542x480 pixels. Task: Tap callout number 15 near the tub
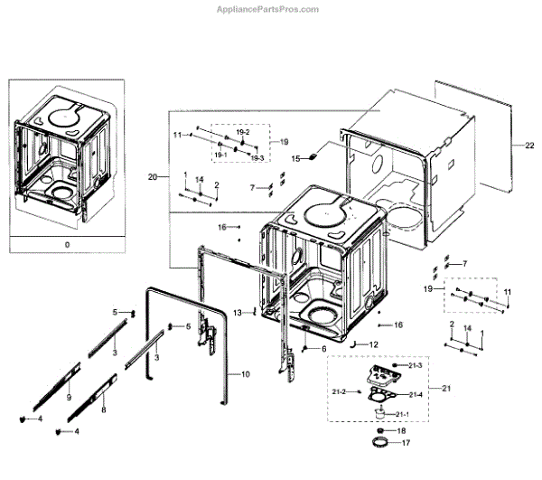pos(294,158)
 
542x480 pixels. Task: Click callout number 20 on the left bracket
pos(153,177)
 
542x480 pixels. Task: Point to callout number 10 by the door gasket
pos(246,374)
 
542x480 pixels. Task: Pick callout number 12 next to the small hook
pos(372,345)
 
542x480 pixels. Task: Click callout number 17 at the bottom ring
pos(405,444)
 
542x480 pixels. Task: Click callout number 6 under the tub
pos(323,348)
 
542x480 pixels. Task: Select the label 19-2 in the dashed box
pos(242,132)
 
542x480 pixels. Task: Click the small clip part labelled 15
pos(313,156)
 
